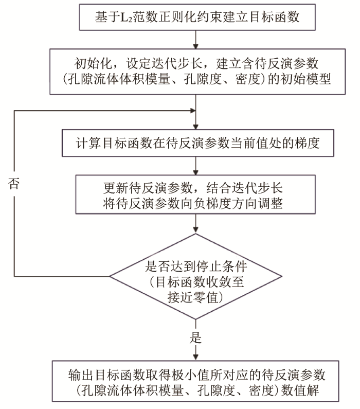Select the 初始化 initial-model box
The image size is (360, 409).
196,72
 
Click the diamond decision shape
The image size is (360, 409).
196,277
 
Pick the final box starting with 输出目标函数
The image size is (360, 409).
196,381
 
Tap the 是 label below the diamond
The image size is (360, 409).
196,338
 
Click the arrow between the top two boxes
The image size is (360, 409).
196,40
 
